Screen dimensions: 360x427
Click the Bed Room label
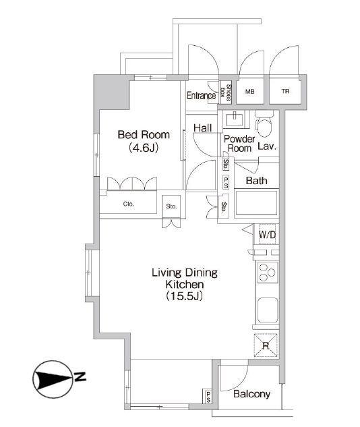click(x=144, y=134)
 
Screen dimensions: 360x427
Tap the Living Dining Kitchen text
click(x=185, y=279)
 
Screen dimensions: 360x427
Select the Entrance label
click(x=201, y=96)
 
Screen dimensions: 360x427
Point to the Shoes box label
click(x=226, y=92)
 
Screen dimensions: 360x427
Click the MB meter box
click(x=250, y=92)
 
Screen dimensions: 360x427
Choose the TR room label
click(x=285, y=91)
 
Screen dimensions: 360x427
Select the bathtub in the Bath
click(x=256, y=203)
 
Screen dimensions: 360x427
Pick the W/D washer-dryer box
click(x=266, y=234)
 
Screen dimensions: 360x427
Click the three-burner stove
click(x=268, y=272)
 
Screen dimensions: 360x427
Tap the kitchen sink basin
click(x=268, y=310)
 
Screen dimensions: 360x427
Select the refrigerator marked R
click(x=266, y=345)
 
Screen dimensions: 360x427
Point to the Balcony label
click(x=251, y=394)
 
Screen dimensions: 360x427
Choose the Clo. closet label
click(x=128, y=204)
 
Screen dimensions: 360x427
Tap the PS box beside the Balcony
click(x=208, y=396)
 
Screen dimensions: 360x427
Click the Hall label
click(x=202, y=127)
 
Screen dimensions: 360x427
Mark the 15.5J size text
click(x=184, y=296)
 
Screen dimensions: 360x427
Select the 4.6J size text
click(x=144, y=148)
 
